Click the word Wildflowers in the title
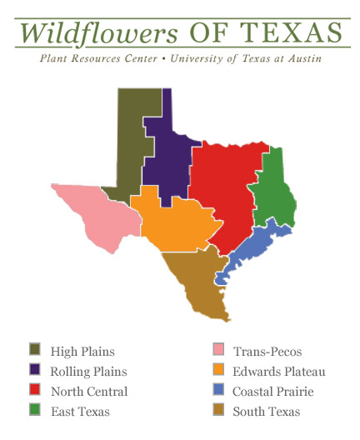(x=100, y=32)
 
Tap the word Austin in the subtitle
(x=302, y=59)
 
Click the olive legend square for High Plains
(x=35, y=350)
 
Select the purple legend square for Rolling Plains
(x=35, y=370)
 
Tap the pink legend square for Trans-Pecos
(x=218, y=350)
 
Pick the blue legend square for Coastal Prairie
(x=218, y=390)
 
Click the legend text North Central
(x=88, y=391)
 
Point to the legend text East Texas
(x=80, y=411)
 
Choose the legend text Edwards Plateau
(x=278, y=371)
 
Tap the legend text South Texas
(x=266, y=411)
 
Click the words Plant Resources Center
(x=92, y=59)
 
